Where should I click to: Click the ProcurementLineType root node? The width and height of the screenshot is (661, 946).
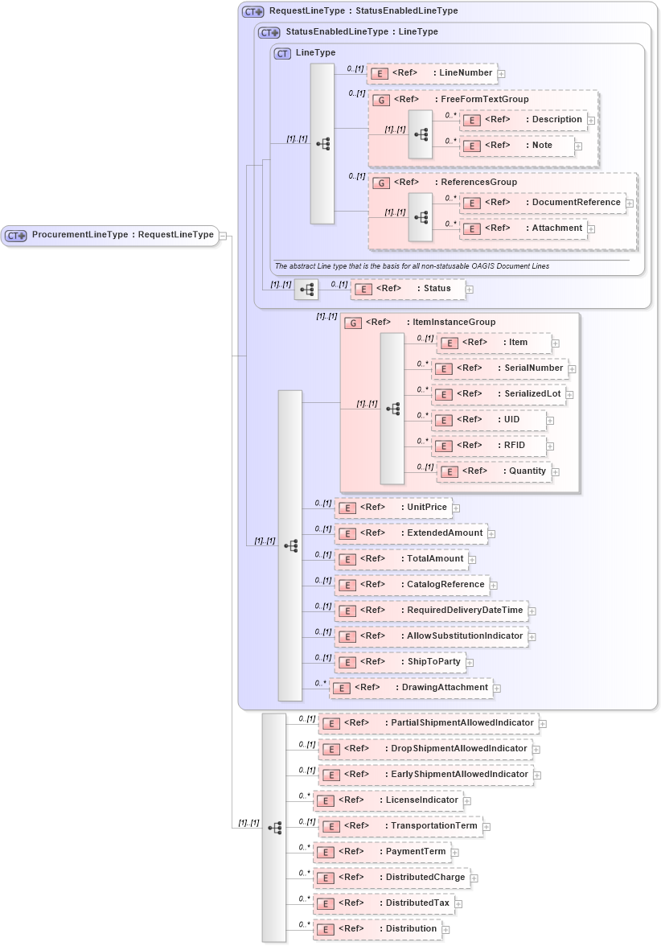pos(110,235)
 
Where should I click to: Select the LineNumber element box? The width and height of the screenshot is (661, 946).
pos(432,73)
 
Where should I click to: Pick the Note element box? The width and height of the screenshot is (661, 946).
pos(517,146)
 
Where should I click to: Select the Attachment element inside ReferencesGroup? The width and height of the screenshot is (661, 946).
pos(523,228)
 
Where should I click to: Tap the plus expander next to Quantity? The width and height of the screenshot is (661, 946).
pos(556,472)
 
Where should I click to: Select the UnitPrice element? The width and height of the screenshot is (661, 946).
pos(392,508)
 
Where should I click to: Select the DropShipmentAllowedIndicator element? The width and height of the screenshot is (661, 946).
pos(425,749)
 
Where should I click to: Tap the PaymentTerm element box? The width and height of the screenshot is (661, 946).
pos(380,852)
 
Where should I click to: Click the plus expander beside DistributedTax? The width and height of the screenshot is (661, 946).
pos(458,904)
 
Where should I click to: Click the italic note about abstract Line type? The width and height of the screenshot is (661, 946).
pos(412,266)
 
